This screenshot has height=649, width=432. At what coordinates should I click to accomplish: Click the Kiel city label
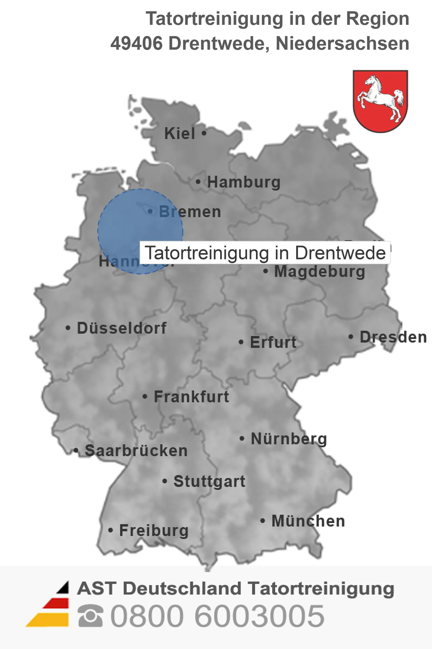(x=179, y=133)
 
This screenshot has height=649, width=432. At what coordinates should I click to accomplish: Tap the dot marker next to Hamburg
(x=198, y=182)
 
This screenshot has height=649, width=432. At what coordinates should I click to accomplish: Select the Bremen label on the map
(x=190, y=212)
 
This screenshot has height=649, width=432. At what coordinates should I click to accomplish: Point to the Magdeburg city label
(x=319, y=272)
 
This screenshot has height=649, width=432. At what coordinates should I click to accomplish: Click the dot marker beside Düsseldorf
(x=68, y=328)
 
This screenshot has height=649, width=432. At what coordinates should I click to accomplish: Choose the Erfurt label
(x=273, y=342)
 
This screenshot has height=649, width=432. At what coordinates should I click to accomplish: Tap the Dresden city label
(x=393, y=337)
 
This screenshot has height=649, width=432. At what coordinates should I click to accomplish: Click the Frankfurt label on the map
(x=191, y=397)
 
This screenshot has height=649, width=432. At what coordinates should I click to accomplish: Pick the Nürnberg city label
(x=289, y=439)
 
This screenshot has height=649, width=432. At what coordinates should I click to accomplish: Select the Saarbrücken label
(x=136, y=451)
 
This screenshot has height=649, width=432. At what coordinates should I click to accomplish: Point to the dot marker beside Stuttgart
(x=165, y=481)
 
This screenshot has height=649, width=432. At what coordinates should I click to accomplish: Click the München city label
(x=308, y=521)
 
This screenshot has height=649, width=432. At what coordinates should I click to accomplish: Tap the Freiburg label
(x=154, y=530)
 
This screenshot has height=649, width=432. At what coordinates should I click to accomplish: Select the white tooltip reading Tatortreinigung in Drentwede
(x=265, y=253)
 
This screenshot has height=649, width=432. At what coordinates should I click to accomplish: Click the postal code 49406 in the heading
(x=136, y=43)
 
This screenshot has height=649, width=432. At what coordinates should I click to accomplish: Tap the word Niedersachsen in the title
(x=342, y=43)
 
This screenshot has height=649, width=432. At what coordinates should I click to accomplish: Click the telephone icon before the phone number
(x=90, y=616)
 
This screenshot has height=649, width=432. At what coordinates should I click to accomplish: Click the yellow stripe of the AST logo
(x=49, y=620)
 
